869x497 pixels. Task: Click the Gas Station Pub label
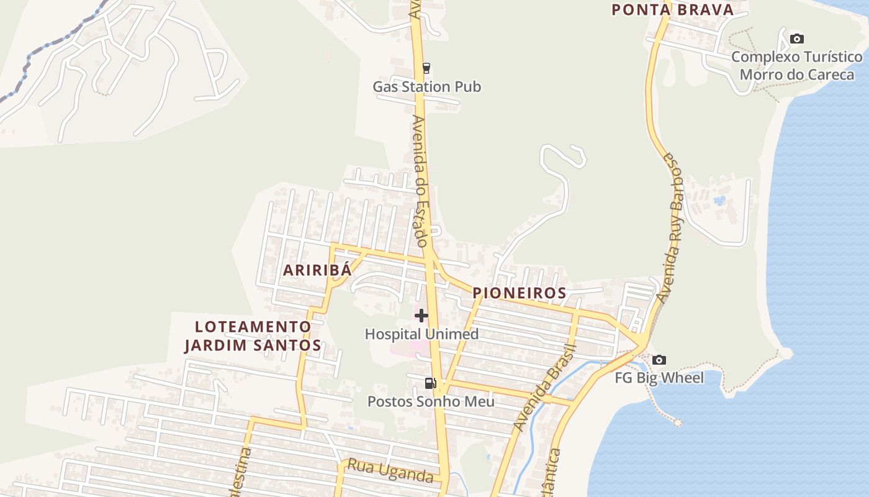pos(426,86)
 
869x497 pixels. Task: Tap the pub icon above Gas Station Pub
pos(426,68)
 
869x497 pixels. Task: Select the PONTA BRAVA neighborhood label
pos(673,9)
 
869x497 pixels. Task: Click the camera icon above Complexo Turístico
pos(796,39)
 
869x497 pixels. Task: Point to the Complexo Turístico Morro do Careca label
pos(797,66)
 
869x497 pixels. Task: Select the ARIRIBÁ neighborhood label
pos(317,270)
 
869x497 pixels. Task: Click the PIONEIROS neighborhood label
pos(520,293)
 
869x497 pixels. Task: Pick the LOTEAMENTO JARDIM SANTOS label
pos(253,336)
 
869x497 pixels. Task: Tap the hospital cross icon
pos(421,316)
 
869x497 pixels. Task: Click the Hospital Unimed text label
pos(421,334)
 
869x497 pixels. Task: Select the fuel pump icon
pos(430,383)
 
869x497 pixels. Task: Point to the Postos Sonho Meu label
pos(431,401)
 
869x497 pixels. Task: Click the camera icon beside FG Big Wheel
pos(659,360)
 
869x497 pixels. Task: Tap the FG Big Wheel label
pos(659,378)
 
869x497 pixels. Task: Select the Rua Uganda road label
pos(390,471)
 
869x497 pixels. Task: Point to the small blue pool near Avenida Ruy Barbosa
pos(719,201)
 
